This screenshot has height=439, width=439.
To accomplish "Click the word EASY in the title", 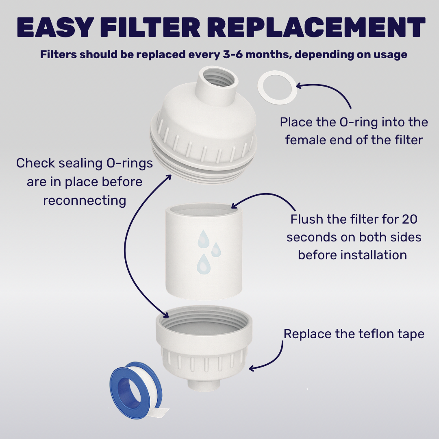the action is pos(55,27).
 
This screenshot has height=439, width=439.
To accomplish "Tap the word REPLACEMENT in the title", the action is pos(316,27).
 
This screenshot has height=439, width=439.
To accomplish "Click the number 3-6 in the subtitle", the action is pos(233,54).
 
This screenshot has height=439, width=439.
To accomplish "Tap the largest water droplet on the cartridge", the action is pos(204,264).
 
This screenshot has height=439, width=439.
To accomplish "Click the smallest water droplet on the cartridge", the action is pos(216,250).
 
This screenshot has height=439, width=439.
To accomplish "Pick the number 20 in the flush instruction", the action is pos(410,219).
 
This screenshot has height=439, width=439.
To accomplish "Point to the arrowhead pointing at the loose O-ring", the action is pos(298,85).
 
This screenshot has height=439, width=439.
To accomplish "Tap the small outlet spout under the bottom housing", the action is pos(204,385).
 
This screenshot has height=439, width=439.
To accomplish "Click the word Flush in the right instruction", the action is pos(306,219).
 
